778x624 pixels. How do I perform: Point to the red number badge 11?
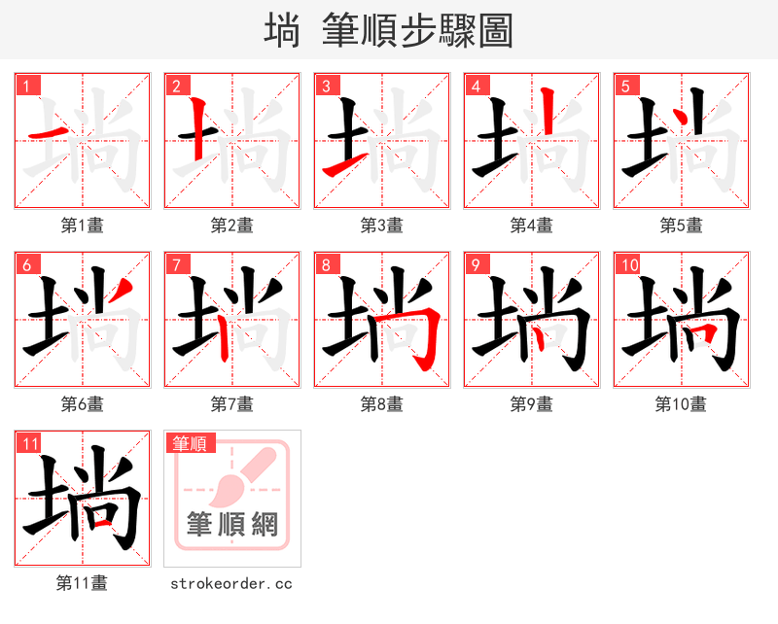(x=30, y=443)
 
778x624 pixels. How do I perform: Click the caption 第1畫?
(x=82, y=225)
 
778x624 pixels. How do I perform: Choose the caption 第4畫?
(x=531, y=225)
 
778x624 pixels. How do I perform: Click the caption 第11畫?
(x=82, y=583)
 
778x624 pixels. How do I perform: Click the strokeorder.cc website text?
(x=231, y=584)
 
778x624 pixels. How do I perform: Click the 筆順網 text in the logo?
(x=232, y=524)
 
